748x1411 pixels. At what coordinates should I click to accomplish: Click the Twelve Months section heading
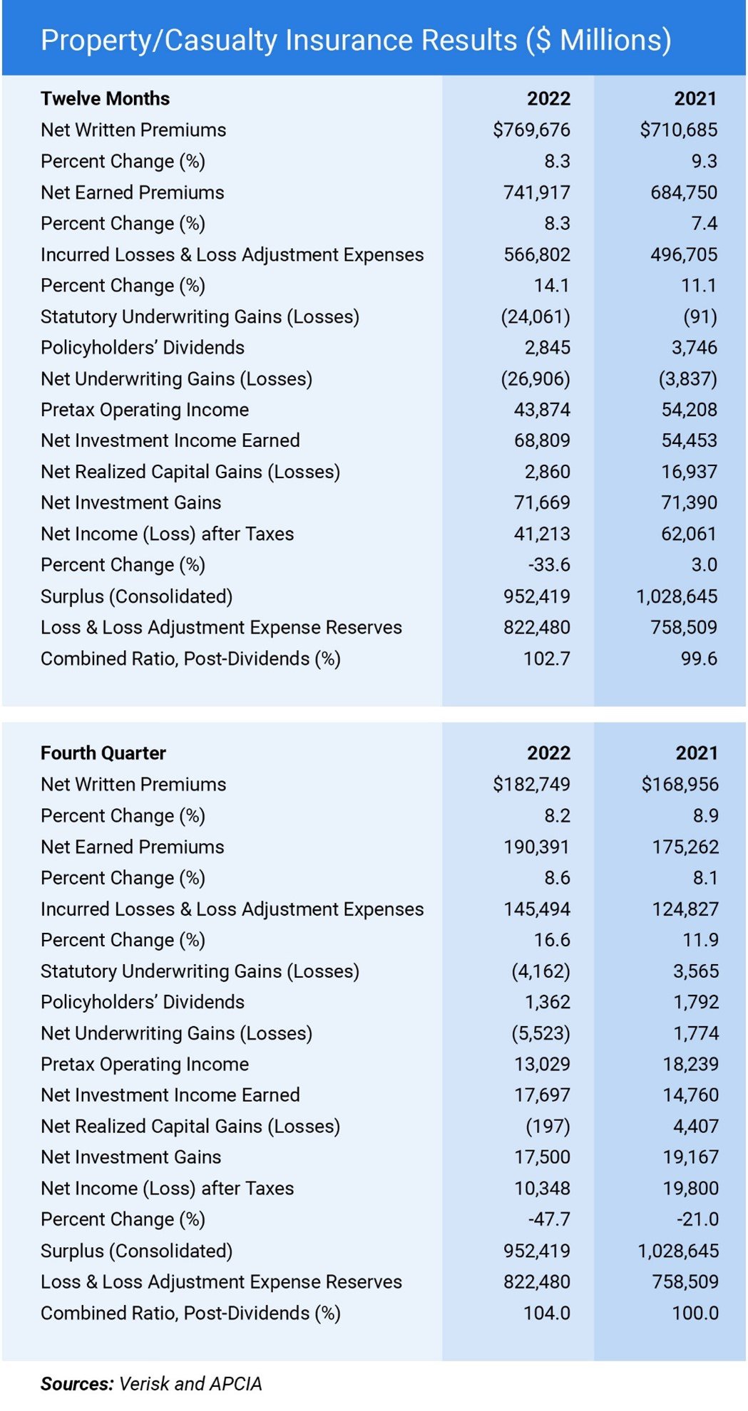point(105,98)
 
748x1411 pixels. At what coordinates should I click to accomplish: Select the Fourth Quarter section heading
point(103,753)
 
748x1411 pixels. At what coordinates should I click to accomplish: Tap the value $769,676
point(531,130)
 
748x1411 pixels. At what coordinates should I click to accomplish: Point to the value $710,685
point(678,130)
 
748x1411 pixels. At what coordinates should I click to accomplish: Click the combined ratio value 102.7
point(546,658)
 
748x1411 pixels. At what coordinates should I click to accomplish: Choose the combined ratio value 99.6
point(698,658)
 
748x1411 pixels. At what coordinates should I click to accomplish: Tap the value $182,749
point(531,784)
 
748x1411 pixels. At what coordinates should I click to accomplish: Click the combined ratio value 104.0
point(546,1313)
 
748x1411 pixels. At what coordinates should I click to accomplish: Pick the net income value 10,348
point(542,1188)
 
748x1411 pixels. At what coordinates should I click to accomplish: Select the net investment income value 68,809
point(542,440)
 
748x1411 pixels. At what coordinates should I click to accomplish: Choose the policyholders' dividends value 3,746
point(689,347)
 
